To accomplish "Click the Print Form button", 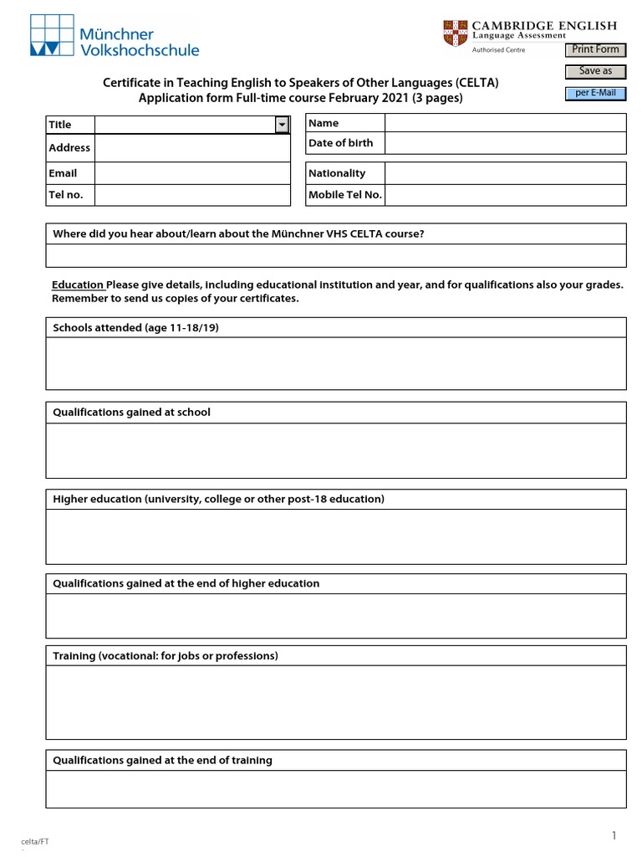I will [x=595, y=49].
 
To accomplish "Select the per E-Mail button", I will [x=595, y=93].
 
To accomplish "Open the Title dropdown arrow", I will [x=282, y=124].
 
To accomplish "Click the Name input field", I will [x=505, y=123].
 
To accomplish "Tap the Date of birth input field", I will [x=505, y=143].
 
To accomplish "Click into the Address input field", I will [x=192, y=148].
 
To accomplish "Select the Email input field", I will [x=192, y=173].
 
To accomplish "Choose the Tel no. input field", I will [x=192, y=195].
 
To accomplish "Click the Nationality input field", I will [x=505, y=173].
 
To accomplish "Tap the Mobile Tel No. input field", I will [x=505, y=195].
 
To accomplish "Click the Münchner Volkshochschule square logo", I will [x=51, y=35].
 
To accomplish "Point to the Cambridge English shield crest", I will [x=456, y=33].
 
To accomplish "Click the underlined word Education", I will [x=77, y=285].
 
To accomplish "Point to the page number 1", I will [x=614, y=835].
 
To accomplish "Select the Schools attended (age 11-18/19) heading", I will [x=135, y=328].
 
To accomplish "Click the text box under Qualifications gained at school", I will [x=336, y=450].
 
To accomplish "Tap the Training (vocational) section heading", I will [x=166, y=655].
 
